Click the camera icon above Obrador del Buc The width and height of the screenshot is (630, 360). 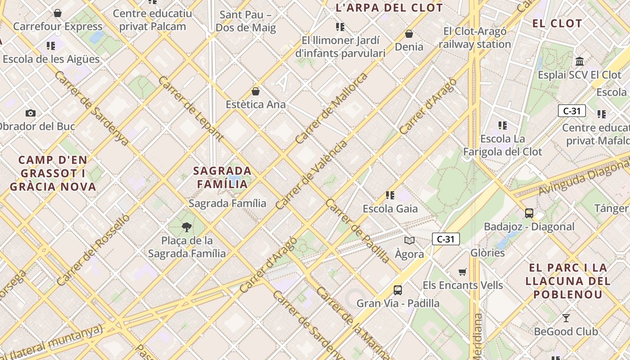tap(31, 113)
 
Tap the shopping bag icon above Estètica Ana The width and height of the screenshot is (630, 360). tap(256, 91)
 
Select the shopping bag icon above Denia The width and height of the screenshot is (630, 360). tap(409, 34)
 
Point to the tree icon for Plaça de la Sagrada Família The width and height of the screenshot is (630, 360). tap(187, 227)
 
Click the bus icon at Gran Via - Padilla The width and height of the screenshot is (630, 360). tap(398, 290)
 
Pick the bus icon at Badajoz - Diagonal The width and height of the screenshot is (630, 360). tap(529, 213)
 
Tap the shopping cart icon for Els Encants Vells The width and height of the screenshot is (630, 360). tap(462, 272)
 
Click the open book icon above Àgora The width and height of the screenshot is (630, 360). tap(409, 240)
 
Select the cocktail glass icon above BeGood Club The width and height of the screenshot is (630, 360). tap(566, 318)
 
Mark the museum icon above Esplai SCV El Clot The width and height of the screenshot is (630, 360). tap(580, 61)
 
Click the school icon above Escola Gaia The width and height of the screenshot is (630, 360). tap(390, 195)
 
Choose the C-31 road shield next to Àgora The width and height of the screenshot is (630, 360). tap(445, 239)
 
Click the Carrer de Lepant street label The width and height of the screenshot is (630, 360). tap(191, 108)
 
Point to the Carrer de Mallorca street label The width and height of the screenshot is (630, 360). tap(331, 108)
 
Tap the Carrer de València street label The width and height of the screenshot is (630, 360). tap(311, 175)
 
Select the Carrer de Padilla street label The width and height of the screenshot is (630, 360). tap(358, 231)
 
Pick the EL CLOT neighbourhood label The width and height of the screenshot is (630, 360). tap(557, 23)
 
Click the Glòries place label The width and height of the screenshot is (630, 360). tap(487, 253)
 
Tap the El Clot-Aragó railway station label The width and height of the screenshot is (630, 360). tap(475, 38)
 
